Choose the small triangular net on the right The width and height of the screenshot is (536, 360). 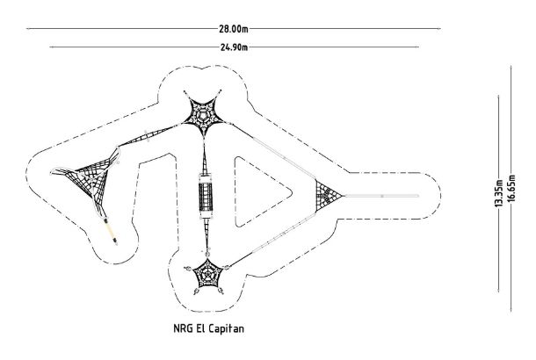click(328, 195)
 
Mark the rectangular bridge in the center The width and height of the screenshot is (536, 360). click(206, 195)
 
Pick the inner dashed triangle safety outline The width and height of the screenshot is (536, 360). click(260, 195)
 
